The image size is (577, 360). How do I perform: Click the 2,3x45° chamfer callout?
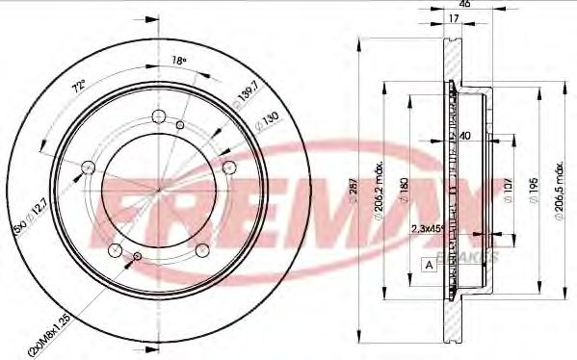point(426,229)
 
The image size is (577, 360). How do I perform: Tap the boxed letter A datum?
point(427,264)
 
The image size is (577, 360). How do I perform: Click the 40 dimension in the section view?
point(464,136)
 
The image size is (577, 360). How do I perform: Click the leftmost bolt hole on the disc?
point(88,167)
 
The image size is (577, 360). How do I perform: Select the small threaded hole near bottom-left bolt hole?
point(137,256)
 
